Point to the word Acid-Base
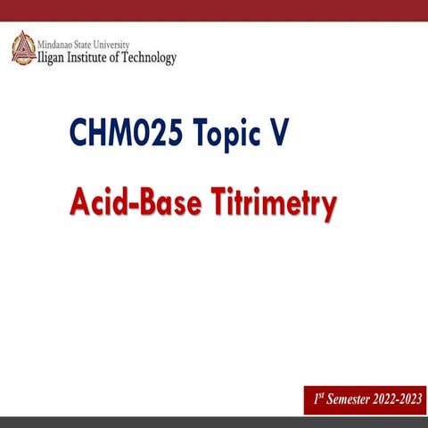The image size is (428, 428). click(137, 204)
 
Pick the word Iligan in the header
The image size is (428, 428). click(54, 57)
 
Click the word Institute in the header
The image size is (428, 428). click(97, 57)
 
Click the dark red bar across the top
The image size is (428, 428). click(214, 10)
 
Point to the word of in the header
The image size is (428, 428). click(126, 57)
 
